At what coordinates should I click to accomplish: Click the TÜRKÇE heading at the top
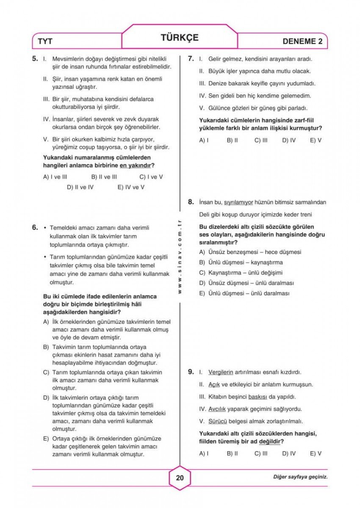[180, 37]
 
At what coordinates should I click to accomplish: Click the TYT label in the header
[45, 41]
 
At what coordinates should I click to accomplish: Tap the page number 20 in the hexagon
[180, 478]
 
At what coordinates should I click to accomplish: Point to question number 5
[36, 59]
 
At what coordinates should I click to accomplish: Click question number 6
[36, 227]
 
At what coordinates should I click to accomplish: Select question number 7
[191, 59]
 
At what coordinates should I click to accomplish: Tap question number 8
[191, 202]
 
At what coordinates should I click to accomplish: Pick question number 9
[191, 372]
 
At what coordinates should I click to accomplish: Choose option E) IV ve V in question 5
[131, 187]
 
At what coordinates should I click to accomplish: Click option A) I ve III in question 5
[55, 177]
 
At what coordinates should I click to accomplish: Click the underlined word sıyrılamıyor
[238, 202]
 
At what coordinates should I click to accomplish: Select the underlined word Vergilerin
[221, 373]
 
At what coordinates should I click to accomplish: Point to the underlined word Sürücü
[218, 422]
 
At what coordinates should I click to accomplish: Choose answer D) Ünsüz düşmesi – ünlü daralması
[246, 283]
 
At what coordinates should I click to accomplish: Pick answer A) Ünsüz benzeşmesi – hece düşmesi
[250, 252]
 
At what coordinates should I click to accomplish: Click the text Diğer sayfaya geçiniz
[300, 477]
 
